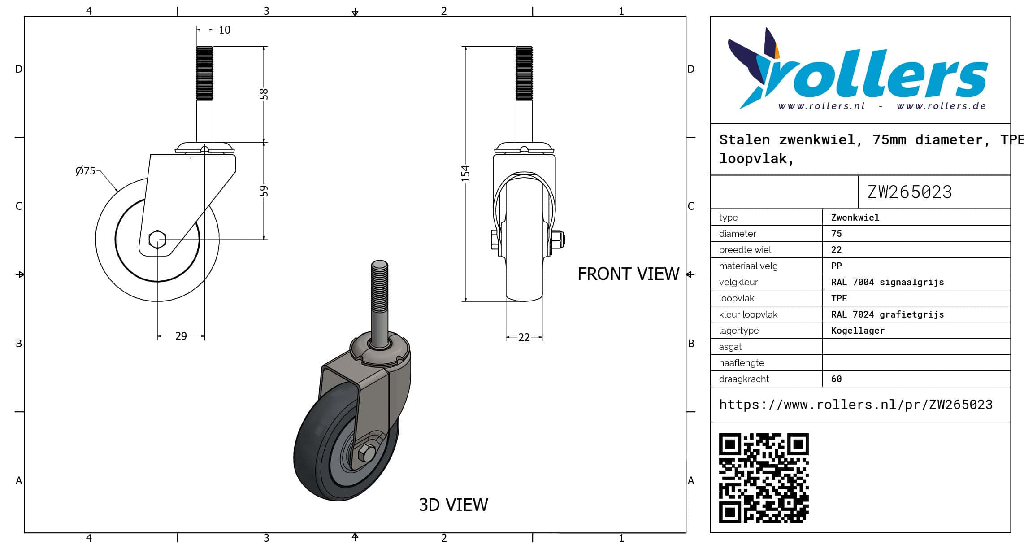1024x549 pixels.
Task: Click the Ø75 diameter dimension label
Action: point(85,171)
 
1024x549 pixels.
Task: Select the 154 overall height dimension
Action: point(466,174)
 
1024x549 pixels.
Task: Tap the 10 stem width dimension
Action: point(225,30)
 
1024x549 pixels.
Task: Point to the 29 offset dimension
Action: point(181,336)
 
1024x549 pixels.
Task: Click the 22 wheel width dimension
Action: point(524,337)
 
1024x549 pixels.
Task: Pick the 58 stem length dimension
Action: point(264,94)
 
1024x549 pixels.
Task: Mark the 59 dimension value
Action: point(264,191)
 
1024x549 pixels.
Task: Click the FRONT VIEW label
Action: point(628,274)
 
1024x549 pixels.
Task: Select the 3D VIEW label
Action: point(453,505)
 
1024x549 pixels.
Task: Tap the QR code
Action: point(764,478)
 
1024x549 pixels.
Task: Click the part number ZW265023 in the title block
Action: point(909,192)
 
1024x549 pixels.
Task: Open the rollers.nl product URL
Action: point(855,405)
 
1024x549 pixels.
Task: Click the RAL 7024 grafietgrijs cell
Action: point(887,314)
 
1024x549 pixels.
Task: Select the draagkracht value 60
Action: point(836,379)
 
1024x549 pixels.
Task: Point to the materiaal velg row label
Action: point(748,266)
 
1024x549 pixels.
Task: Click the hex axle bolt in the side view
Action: point(157,239)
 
